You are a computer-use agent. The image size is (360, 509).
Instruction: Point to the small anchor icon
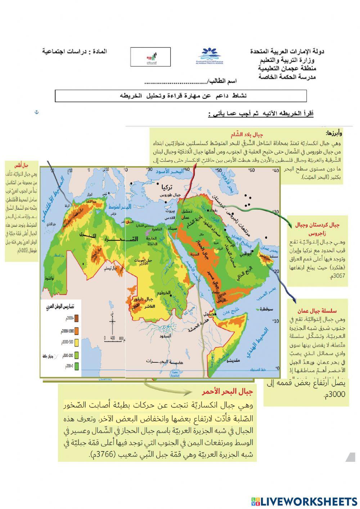pos(36,113)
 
